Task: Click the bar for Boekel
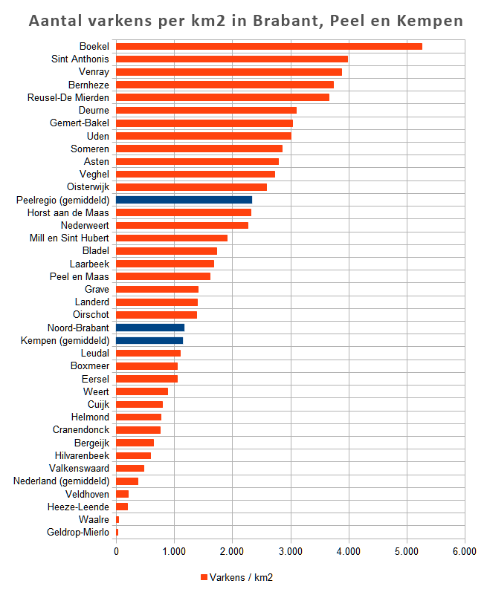click(269, 47)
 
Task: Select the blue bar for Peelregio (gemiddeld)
click(184, 200)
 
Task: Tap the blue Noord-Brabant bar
click(150, 328)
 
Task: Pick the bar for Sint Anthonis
click(232, 59)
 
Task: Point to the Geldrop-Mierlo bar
click(117, 532)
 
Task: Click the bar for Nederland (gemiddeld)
click(127, 481)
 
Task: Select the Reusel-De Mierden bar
click(222, 97)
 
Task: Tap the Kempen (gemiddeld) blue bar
click(149, 340)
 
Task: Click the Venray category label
click(94, 72)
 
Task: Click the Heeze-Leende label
click(79, 507)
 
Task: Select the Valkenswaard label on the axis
click(79, 468)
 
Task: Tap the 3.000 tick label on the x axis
click(291, 552)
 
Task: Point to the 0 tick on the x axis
click(117, 552)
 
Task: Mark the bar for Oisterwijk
click(191, 186)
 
